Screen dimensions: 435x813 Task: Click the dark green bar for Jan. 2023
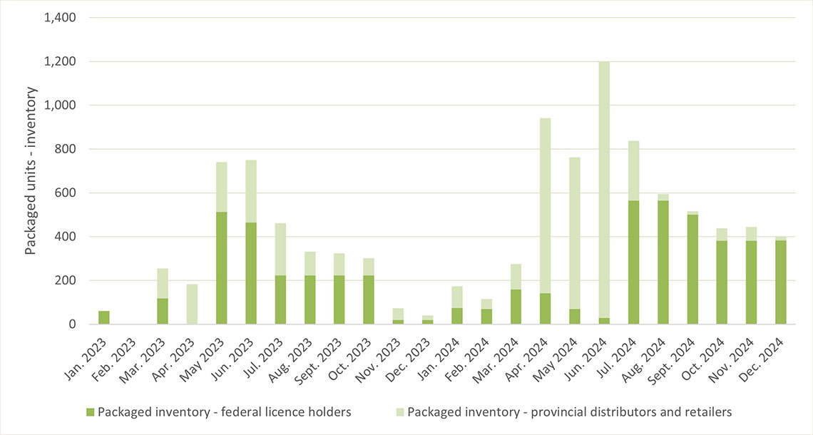(x=104, y=317)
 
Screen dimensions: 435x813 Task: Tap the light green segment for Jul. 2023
(x=280, y=250)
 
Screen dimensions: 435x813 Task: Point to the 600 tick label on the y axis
(x=66, y=193)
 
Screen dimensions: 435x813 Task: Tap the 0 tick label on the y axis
(x=72, y=324)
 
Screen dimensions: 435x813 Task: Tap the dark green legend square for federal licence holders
(x=90, y=411)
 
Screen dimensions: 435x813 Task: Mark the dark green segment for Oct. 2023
(x=369, y=300)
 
